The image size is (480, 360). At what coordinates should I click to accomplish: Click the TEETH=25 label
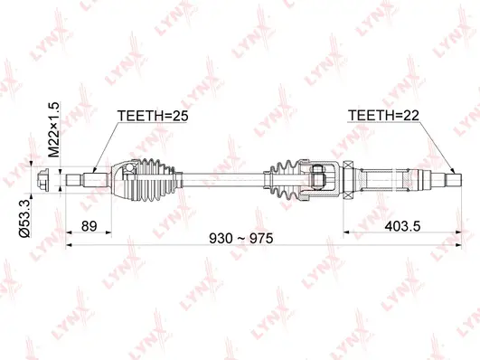154,116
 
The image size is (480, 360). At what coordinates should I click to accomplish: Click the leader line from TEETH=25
105,145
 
